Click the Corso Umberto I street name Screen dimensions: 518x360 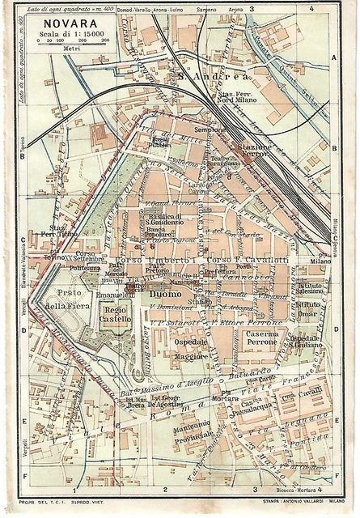pyautogui.click(x=156, y=260)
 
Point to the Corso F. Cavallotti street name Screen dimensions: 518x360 pyautogui.click(x=240, y=260)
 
